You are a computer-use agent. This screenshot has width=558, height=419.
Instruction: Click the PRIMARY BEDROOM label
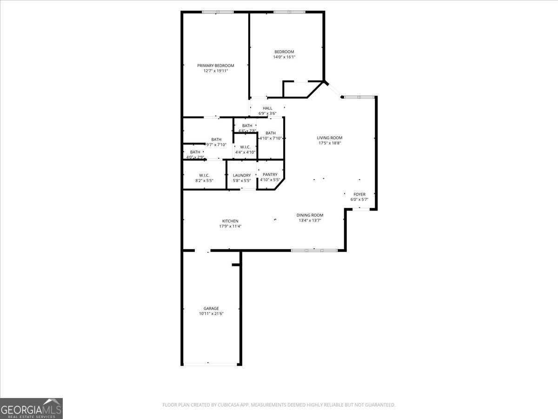point(215,66)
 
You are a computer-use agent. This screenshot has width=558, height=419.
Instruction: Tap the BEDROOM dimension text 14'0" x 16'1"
point(284,57)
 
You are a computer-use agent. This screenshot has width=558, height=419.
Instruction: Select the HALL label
point(267,108)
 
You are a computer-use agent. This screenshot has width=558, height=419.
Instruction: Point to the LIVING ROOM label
point(330,138)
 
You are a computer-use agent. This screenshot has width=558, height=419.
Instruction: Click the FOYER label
point(359,194)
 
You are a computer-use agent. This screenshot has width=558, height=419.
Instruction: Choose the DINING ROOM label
point(310,215)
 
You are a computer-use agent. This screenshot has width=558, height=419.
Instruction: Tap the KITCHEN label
point(230,221)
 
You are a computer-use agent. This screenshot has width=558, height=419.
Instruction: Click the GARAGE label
point(211,308)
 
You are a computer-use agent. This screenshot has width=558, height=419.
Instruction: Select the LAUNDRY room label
point(242,176)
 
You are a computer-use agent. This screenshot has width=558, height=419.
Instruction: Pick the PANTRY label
point(270,175)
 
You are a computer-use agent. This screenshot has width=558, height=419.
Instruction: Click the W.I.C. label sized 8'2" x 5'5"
point(205,176)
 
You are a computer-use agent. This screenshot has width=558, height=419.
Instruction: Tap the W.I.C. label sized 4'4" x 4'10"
point(246,147)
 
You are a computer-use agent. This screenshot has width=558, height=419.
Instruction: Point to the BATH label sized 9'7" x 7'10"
point(216,139)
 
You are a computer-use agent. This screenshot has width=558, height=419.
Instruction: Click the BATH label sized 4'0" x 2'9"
point(195,152)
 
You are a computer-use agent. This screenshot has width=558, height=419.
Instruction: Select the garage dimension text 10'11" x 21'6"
point(211,314)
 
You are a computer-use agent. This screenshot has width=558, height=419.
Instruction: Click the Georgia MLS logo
point(31,408)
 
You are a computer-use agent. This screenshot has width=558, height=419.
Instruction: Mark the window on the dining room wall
point(314,250)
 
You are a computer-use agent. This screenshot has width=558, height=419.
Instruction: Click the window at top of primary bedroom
point(218,12)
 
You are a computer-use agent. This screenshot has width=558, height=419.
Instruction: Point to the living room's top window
point(359,97)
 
